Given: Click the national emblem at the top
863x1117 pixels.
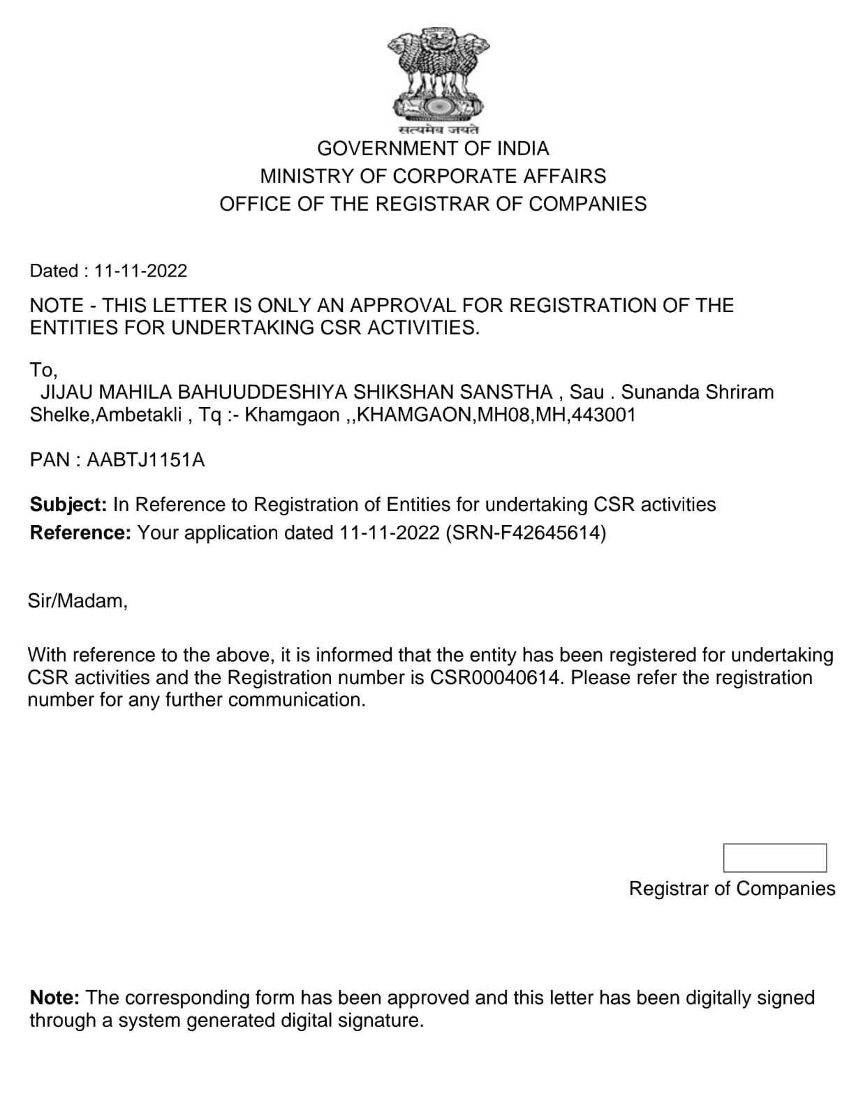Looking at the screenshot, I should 438,73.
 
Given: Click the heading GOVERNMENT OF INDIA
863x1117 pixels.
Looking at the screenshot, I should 433,149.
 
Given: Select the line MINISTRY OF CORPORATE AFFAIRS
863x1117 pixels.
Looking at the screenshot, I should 433,176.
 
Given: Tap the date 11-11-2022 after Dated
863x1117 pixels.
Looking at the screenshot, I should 141,271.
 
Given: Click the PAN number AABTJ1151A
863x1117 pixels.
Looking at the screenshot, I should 145,460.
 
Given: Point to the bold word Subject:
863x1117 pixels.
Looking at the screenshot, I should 68,505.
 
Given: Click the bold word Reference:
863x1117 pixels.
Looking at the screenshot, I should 80,533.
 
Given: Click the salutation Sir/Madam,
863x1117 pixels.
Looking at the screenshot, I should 78,601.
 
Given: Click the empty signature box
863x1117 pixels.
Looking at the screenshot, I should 774,858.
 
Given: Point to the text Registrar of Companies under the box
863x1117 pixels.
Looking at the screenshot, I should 732,889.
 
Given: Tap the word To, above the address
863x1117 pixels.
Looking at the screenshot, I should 43,370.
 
